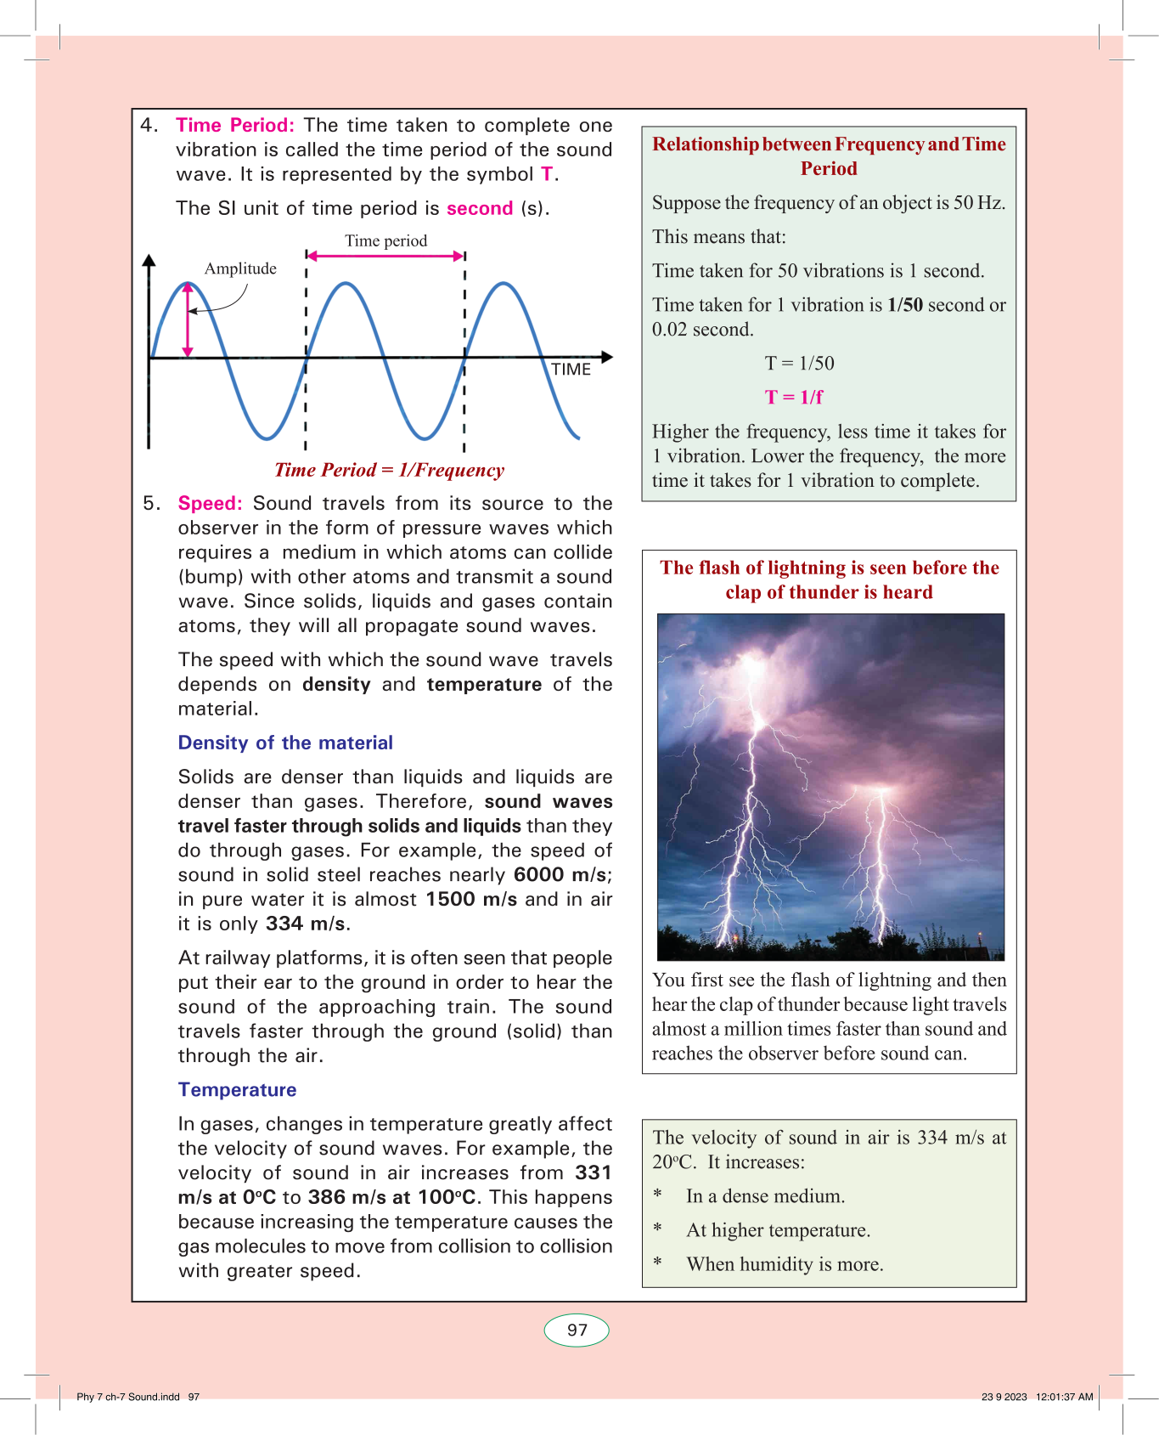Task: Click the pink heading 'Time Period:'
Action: (x=234, y=126)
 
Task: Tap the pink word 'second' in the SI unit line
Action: (x=480, y=209)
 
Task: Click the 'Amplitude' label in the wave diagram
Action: (x=240, y=269)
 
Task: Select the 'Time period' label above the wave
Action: (x=385, y=241)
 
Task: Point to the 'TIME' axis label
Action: (x=571, y=370)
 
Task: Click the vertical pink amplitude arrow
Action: (x=188, y=319)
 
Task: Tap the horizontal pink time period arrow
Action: (x=385, y=256)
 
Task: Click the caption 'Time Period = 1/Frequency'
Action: (x=389, y=471)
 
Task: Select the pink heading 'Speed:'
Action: (x=210, y=504)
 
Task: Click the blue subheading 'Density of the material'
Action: (x=285, y=743)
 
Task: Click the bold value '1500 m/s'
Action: (x=471, y=900)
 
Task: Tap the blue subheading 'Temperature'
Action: (x=237, y=1090)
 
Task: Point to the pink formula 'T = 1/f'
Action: (x=794, y=398)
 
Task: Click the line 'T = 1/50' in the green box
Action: (x=799, y=364)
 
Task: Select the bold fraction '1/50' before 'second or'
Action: (x=905, y=305)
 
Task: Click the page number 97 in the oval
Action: (x=577, y=1330)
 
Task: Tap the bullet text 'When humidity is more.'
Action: (x=785, y=1265)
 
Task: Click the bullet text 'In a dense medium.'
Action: (x=765, y=1197)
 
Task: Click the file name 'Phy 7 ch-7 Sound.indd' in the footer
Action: (x=128, y=1397)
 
